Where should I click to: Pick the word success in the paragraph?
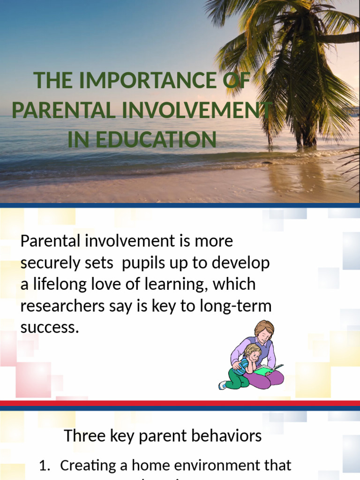pos(48,327)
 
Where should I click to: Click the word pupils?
pos(144,263)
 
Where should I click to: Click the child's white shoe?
pos(222,385)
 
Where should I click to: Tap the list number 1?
pos(45,465)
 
